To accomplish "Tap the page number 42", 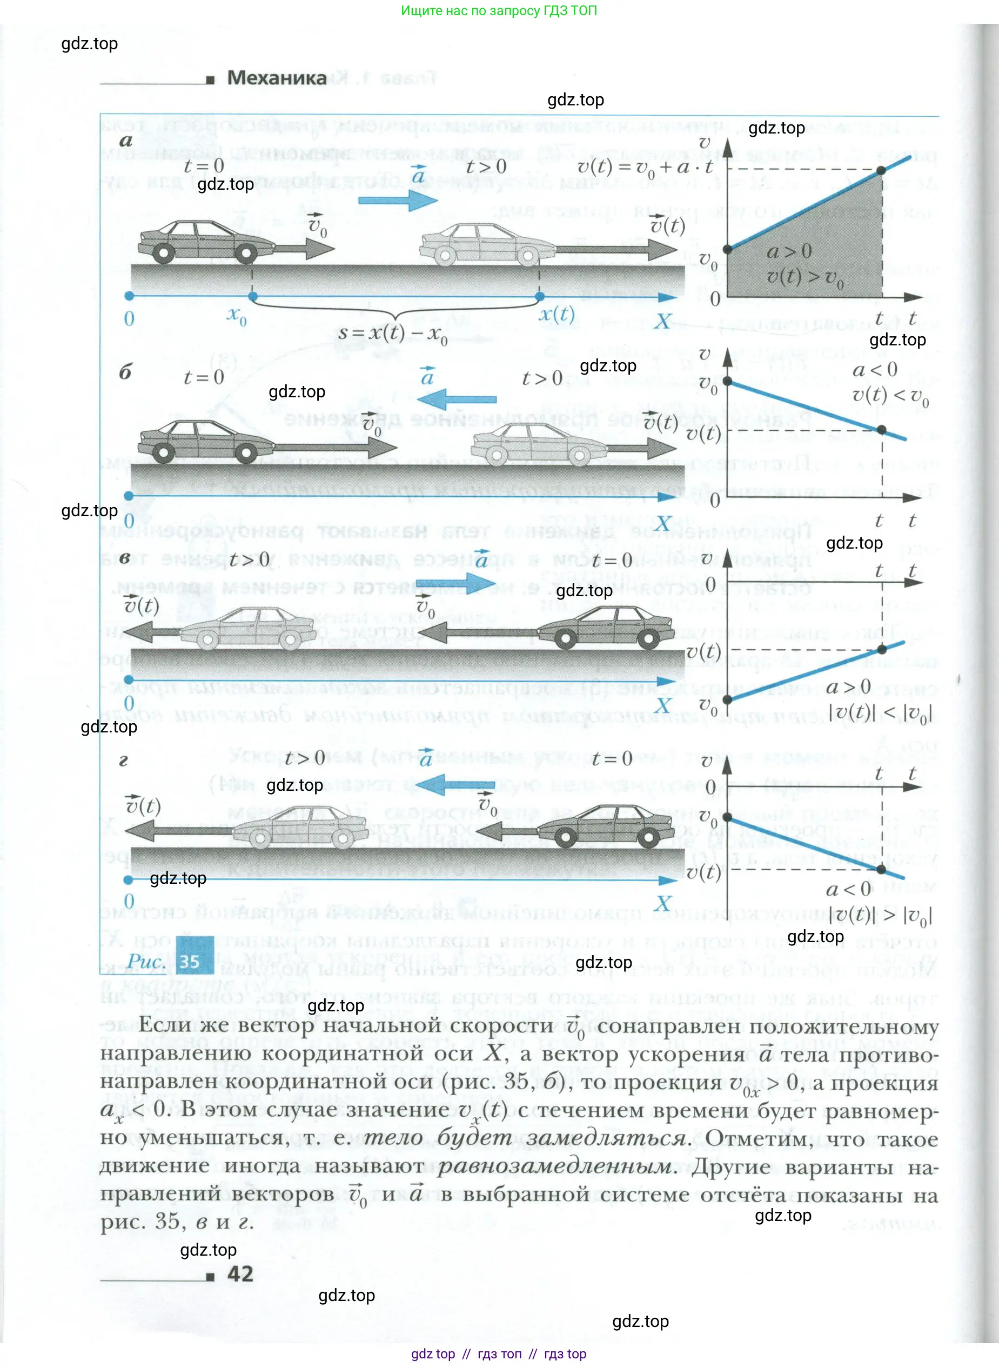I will coord(240,1275).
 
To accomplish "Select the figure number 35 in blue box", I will coord(190,962).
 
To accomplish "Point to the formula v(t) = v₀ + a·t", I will coord(645,167).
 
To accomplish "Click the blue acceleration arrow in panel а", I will coord(397,200).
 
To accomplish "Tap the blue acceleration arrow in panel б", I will coord(457,400).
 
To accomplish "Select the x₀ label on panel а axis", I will coord(237,316).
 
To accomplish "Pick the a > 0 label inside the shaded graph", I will coord(789,251).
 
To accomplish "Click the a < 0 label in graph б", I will coord(874,370).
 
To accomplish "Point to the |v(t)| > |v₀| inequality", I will coord(880,915).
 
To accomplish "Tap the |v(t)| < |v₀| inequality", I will coord(880,713).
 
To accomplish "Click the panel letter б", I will coord(125,372).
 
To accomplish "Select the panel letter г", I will coord(123,761).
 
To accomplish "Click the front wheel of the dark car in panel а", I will coord(245,254).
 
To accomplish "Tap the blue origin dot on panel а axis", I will coord(129,296).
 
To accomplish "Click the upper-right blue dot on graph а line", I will coord(881,171).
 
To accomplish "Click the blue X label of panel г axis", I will coord(663,904).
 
